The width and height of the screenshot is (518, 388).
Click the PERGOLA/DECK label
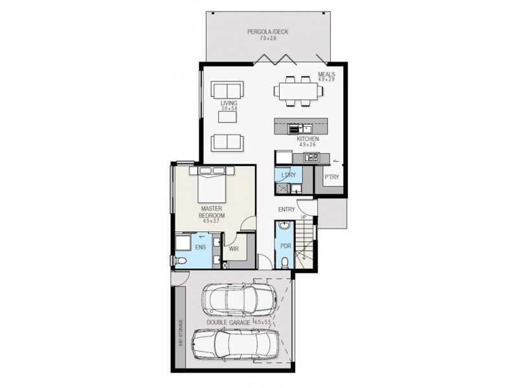[267, 32]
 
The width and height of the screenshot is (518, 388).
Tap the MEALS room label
[326, 74]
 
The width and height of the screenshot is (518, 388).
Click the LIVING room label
[229, 103]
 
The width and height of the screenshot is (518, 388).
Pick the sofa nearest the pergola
[227, 90]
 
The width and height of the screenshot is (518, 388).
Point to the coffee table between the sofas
[229, 117]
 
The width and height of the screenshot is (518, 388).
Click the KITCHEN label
[308, 139]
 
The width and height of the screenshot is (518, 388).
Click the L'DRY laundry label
[288, 175]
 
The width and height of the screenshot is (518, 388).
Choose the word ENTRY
[287, 210]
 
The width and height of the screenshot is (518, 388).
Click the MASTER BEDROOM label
[212, 213]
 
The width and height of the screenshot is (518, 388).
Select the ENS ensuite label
[201, 248]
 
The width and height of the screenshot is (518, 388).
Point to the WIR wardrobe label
[235, 248]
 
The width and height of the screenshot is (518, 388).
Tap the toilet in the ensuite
[181, 261]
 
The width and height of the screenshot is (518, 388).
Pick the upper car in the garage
[239, 299]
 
